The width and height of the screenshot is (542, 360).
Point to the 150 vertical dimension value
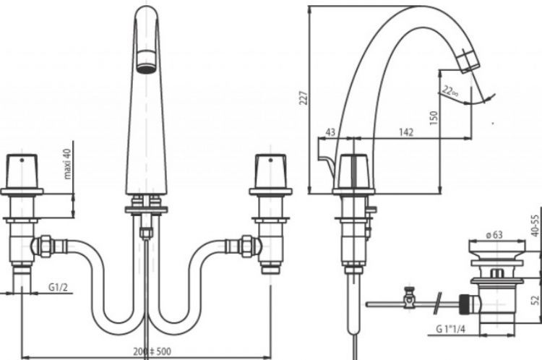tap(433, 118)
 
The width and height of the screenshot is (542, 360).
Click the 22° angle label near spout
tap(450, 92)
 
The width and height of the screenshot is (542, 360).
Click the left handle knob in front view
tap(22, 171)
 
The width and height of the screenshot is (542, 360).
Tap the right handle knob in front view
tap(270, 171)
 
